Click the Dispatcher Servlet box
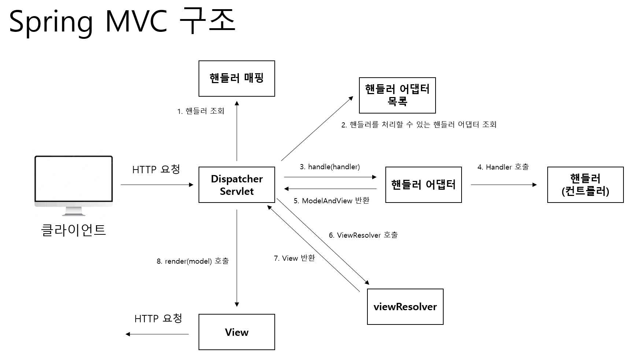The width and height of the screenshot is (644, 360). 237,185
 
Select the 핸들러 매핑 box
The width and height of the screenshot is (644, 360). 237,78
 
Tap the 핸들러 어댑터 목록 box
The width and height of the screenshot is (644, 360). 397,95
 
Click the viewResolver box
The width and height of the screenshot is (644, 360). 405,307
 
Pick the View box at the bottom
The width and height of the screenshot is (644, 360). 237,332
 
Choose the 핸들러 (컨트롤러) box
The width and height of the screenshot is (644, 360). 585,185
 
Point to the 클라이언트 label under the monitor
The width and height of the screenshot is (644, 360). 74,230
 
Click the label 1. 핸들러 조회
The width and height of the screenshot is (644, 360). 201,111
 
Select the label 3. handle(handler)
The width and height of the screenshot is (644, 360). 330,167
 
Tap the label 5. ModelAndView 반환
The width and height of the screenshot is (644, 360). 332,201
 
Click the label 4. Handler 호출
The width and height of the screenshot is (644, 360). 503,167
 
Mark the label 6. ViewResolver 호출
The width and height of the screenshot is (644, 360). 363,235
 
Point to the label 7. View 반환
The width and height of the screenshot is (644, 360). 294,258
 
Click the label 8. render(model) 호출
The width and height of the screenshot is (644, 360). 193,261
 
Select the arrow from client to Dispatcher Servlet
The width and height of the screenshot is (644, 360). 157,185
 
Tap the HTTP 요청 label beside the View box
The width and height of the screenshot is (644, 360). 158,319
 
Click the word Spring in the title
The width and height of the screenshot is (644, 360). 51,22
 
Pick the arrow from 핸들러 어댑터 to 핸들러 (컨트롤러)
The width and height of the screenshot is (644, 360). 504,185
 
